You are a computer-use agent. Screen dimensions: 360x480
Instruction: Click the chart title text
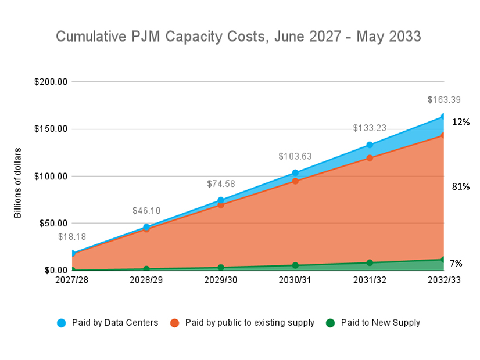coord(238,37)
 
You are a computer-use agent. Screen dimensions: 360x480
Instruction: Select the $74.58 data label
coord(221,184)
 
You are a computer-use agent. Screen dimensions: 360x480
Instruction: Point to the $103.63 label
coord(295,156)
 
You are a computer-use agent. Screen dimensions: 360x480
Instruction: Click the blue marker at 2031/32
coord(370,145)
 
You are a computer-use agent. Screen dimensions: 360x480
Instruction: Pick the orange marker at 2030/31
coord(295,181)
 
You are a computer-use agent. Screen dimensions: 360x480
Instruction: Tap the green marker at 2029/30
coord(221,268)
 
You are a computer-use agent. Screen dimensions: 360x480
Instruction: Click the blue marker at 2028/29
coord(146,227)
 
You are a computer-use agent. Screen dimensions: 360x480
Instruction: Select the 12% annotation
coord(461,122)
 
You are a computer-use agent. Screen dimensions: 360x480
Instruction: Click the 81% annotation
coord(461,186)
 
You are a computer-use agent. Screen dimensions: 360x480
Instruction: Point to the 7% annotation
coord(456,263)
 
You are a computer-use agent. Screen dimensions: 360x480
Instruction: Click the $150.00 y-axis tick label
coord(51,129)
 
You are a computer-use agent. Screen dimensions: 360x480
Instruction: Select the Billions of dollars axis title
coord(18,183)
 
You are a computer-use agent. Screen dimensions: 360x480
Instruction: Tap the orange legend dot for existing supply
coord(174,322)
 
